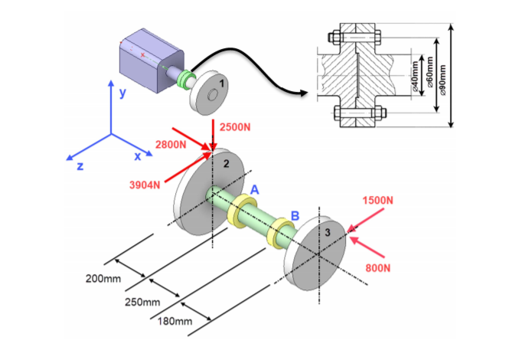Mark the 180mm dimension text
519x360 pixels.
coord(174,321)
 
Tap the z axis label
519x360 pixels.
coord(79,165)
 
